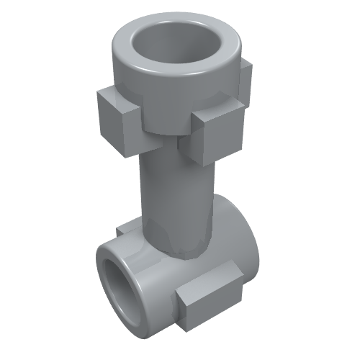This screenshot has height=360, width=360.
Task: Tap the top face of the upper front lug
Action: pyautogui.click(x=216, y=113)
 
